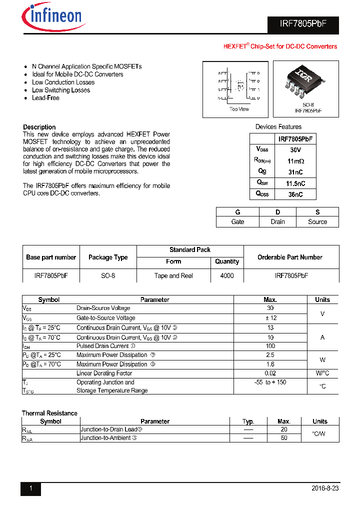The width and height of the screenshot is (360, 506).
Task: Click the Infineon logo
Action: point(52,17)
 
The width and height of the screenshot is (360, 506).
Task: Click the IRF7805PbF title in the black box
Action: point(302,25)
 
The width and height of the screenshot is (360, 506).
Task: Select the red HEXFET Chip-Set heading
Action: point(279,46)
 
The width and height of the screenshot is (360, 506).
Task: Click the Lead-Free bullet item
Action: point(45,98)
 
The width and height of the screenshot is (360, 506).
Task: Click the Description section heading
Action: point(39,127)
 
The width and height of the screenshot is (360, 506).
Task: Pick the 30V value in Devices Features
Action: point(295,150)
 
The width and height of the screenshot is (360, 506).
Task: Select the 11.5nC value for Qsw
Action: point(295,183)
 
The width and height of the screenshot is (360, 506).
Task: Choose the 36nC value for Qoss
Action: point(295,194)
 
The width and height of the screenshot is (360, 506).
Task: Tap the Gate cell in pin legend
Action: point(237,222)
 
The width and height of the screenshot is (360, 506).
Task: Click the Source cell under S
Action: point(317,222)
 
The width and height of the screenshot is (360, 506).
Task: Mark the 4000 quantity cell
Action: point(227,275)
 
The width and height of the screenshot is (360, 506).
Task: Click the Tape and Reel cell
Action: point(173,275)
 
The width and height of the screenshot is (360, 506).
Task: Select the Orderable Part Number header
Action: point(290,257)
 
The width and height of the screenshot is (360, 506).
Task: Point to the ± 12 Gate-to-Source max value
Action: point(270,317)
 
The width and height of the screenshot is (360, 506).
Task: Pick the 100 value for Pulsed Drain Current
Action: point(270,346)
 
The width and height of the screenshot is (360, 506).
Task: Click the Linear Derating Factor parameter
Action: point(104,373)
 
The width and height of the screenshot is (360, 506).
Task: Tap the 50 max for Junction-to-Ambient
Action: point(283,437)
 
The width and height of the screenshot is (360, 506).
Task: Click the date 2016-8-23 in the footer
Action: point(324,488)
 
